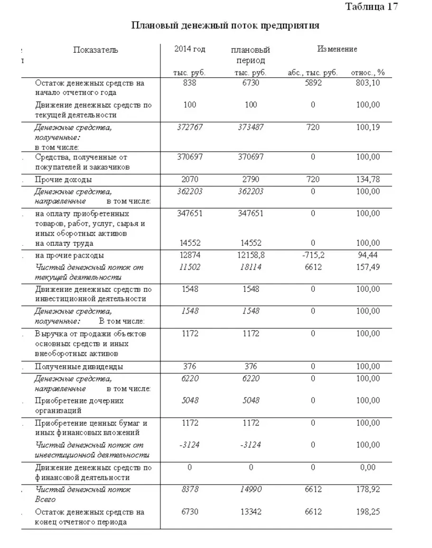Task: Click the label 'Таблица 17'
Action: [x=371, y=7]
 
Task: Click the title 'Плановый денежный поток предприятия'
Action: [x=225, y=26]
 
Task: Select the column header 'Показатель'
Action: [x=95, y=50]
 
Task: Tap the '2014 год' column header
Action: [x=189, y=50]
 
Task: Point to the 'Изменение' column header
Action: [x=337, y=49]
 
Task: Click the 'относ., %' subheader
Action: [x=368, y=73]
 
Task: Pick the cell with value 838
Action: [x=189, y=83]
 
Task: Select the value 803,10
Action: [x=368, y=83]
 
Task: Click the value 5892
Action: [x=313, y=83]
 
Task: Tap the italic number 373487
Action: [x=251, y=127]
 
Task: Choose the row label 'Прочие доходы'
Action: [x=64, y=180]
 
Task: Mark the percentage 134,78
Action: [x=368, y=179]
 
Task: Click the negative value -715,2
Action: [x=313, y=255]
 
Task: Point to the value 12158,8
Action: [x=251, y=255]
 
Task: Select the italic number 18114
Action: [x=251, y=267]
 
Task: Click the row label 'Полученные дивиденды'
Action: [x=79, y=367]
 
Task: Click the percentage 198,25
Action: [x=368, y=512]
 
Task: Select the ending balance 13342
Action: [x=251, y=512]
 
